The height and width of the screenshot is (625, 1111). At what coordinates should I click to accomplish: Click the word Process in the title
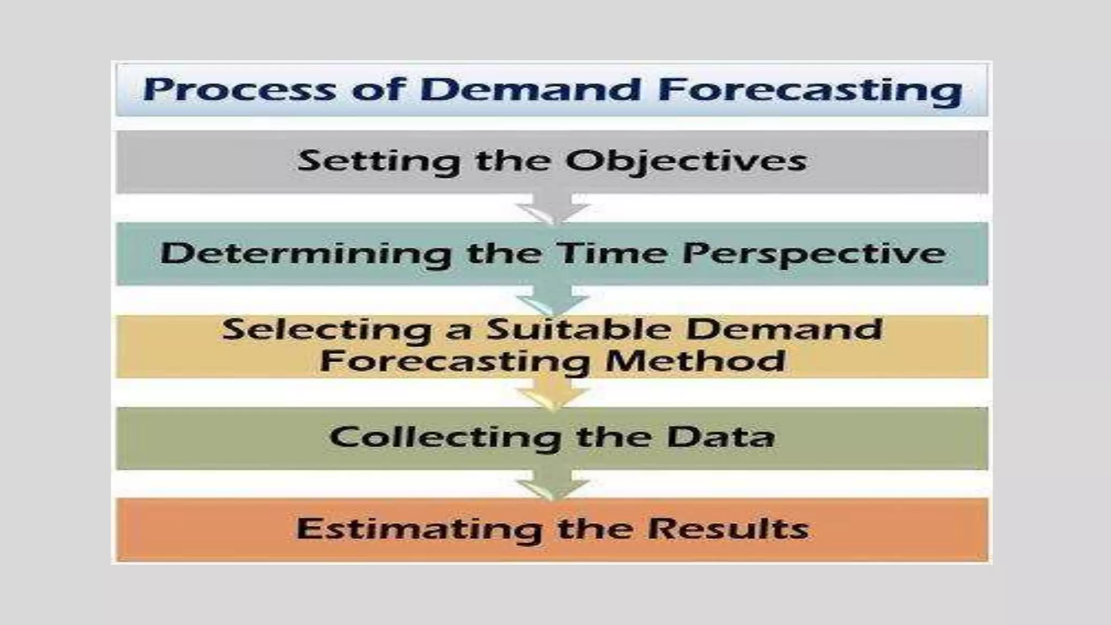(x=239, y=90)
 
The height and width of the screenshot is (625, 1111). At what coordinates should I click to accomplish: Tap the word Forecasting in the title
(x=810, y=90)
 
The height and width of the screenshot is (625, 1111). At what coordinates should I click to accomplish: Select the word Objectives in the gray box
(x=686, y=161)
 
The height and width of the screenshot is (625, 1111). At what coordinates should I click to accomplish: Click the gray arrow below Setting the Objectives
(x=553, y=208)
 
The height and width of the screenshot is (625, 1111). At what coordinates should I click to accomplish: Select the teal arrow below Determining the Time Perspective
(x=553, y=301)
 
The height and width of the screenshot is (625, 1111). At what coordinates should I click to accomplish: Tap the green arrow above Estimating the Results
(x=553, y=484)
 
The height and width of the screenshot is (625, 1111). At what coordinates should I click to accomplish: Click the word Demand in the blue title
(x=530, y=90)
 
